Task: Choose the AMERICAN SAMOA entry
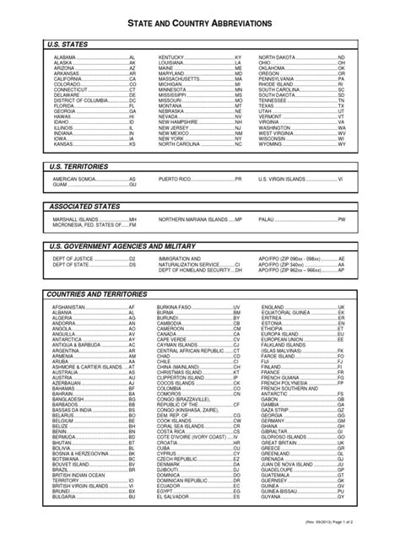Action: [x=75, y=180]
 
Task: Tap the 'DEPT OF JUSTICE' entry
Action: [x=71, y=258]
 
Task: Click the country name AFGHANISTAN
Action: [x=69, y=307]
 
